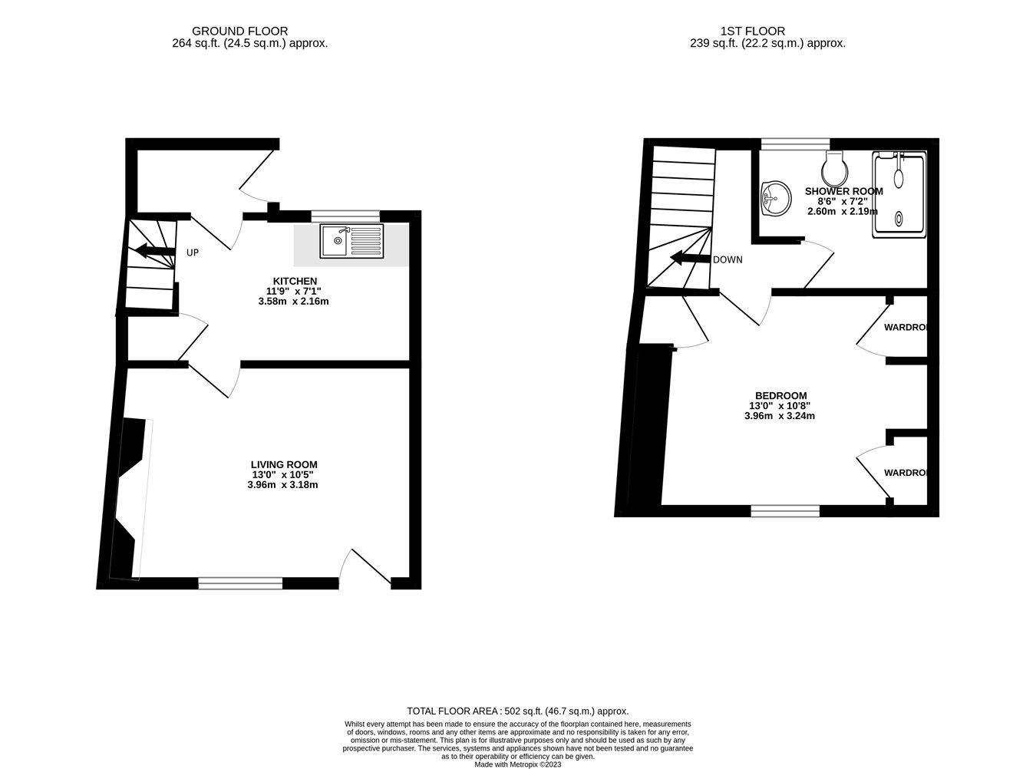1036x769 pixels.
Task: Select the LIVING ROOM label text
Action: (284, 464)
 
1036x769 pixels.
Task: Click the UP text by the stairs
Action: (193, 252)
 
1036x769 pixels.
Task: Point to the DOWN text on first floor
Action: (728, 259)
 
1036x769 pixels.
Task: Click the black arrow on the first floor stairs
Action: (689, 259)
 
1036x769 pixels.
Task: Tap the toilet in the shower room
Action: (834, 165)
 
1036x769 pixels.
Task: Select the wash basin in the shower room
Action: (774, 200)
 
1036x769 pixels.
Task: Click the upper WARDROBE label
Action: (906, 328)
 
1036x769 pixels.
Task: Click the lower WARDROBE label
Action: (906, 473)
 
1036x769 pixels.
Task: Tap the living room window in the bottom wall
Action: (240, 583)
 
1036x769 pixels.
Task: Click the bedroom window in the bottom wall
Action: (785, 510)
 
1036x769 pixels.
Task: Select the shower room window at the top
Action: (795, 144)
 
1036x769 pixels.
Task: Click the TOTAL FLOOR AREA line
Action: (517, 711)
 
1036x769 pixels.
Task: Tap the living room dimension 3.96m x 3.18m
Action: (282, 485)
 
